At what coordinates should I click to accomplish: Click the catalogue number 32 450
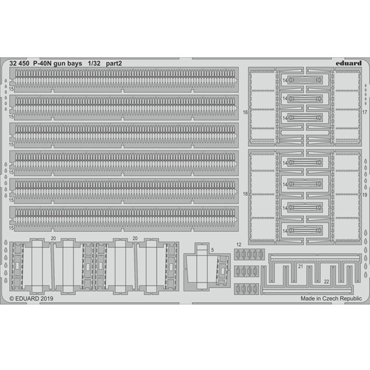[x=19, y=64]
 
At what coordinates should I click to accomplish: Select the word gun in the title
[x=59, y=64]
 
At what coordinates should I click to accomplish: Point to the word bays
[x=75, y=64]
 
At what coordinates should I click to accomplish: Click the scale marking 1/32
[x=94, y=64]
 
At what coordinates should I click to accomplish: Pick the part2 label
[x=113, y=64]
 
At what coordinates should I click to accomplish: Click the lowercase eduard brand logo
[x=348, y=63]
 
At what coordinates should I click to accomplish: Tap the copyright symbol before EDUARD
[x=12, y=298]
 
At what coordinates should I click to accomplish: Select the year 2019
[x=47, y=298]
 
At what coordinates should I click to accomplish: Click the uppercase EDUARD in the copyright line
[x=27, y=298]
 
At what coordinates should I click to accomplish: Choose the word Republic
[x=351, y=298]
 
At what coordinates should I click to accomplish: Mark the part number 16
[x=245, y=112]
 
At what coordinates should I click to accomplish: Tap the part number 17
[x=364, y=112]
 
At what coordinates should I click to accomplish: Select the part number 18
[x=245, y=194]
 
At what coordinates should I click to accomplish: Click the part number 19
[x=364, y=195]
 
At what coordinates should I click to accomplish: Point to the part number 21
[x=300, y=266]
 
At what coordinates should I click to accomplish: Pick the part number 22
[x=326, y=282]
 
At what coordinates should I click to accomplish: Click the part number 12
[x=239, y=245]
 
